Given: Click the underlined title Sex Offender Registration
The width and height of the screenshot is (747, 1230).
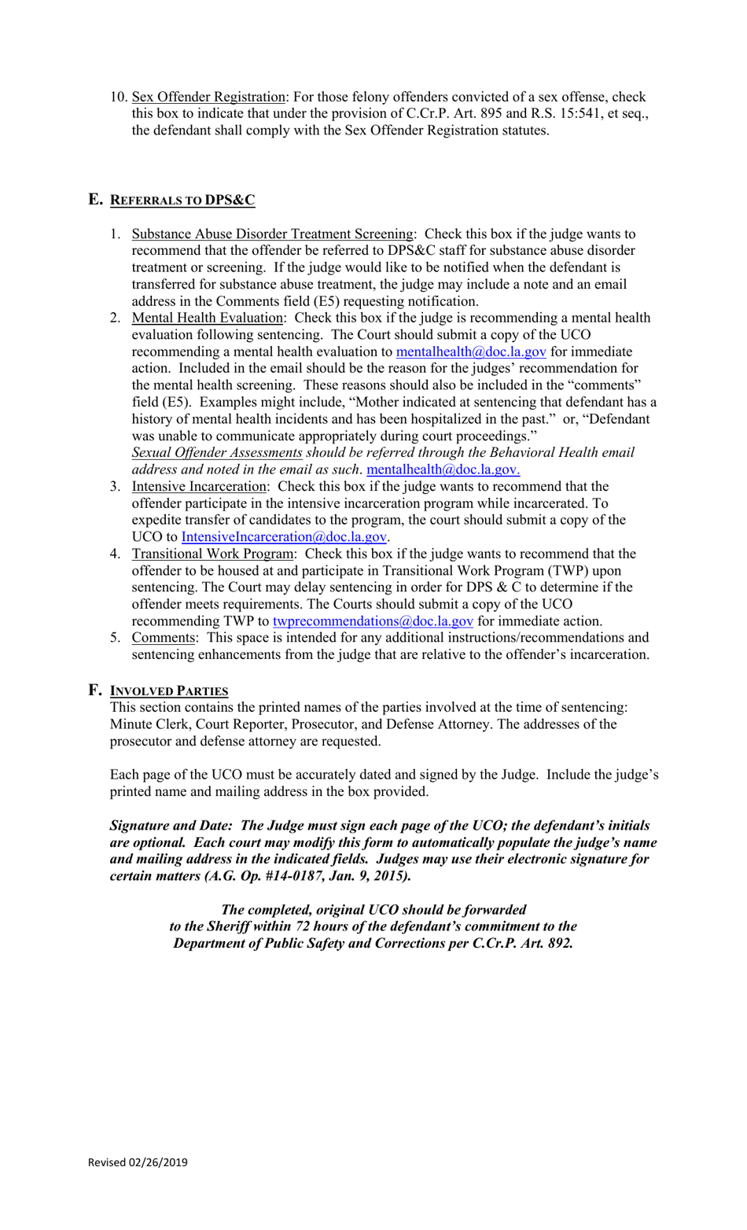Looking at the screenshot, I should click(208, 97).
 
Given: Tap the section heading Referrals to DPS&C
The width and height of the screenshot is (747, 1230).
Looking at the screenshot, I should click(182, 200).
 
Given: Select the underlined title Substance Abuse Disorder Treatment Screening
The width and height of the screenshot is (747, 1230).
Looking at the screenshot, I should click(272, 234).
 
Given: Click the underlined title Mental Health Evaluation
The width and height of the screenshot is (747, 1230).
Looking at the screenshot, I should click(207, 318).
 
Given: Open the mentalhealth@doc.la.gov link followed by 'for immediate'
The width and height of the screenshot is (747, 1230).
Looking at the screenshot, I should click(470, 352).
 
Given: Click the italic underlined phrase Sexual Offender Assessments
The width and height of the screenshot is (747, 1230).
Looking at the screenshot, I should click(216, 453).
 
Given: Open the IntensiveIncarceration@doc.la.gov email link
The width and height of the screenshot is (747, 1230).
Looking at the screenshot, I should click(284, 537).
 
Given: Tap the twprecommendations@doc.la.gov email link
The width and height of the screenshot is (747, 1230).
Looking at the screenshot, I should click(373, 621).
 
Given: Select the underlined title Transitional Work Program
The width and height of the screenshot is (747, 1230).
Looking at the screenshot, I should click(212, 554).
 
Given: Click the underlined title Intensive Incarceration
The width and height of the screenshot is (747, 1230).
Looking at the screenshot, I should click(199, 487).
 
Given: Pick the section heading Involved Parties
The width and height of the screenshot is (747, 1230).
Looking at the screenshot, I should click(168, 690).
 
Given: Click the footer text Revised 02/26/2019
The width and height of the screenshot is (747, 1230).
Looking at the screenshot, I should click(138, 1162).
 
